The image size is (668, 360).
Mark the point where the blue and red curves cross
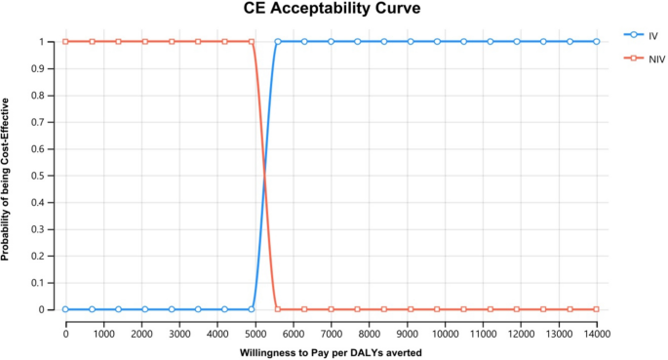point(264,176)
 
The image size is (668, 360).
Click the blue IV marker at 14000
point(597,42)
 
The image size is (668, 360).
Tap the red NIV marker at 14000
point(597,309)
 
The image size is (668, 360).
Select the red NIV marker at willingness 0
point(65,42)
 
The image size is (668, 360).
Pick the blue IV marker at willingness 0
point(65,309)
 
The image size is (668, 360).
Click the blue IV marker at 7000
point(332,42)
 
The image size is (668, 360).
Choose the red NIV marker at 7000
point(332,309)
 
